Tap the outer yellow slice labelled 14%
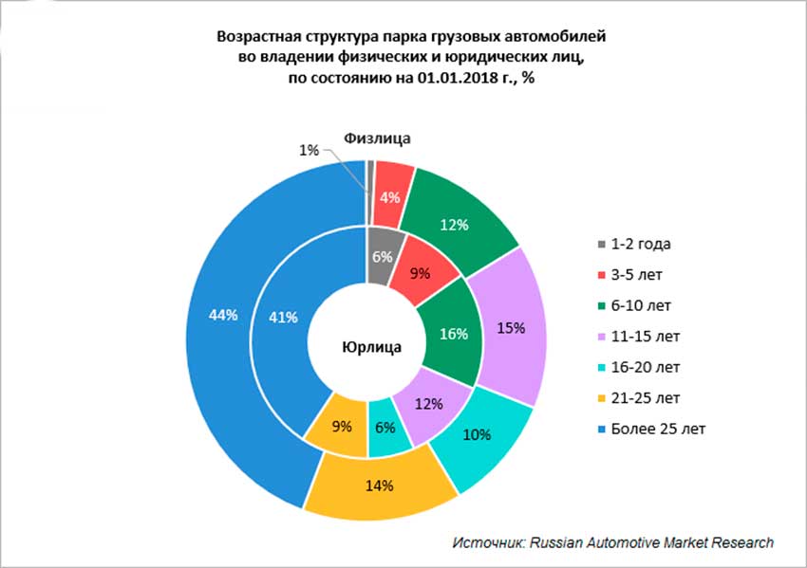[381, 485]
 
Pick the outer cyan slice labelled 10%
[478, 435]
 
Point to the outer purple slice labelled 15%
[510, 328]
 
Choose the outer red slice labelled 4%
[389, 197]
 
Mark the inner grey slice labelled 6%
[382, 255]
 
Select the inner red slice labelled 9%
[419, 273]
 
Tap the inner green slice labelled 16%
[453, 333]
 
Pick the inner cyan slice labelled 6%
[385, 428]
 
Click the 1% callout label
[308, 150]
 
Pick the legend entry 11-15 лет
[645, 337]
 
